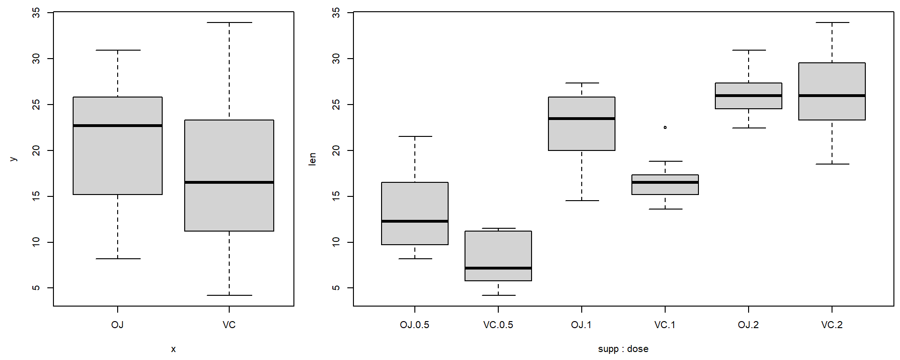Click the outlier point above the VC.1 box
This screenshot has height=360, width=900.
point(665,127)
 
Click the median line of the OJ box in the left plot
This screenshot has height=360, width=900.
point(118,126)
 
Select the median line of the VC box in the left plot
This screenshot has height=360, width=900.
point(229,182)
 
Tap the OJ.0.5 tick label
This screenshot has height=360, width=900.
point(414,325)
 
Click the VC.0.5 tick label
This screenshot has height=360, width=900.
point(498,325)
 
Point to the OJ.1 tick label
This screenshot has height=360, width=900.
point(581,325)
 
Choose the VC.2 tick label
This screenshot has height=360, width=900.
point(832,325)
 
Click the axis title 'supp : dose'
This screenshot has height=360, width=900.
point(623,349)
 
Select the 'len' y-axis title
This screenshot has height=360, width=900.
point(312,159)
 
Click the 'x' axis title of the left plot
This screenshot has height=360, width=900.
point(173,349)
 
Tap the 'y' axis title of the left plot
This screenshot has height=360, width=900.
point(13,159)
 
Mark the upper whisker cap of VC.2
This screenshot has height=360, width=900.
point(832,22)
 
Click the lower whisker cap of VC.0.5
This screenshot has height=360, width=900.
point(498,295)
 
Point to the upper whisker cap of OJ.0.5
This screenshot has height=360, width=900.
point(415,136)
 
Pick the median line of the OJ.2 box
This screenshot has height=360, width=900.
point(749,96)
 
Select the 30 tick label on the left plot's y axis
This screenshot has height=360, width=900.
point(36,59)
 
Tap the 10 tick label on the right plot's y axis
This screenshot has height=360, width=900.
point(336,242)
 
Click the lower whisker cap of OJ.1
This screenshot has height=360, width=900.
point(582,201)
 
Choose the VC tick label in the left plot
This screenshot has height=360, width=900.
point(229,325)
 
